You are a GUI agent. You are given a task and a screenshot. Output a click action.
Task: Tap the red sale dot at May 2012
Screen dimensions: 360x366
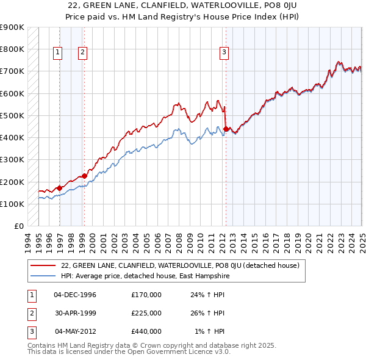[226, 129]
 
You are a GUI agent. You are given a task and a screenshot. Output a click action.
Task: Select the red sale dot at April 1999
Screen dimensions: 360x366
[84, 176]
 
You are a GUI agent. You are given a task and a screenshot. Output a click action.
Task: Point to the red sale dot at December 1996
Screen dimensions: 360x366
[60, 188]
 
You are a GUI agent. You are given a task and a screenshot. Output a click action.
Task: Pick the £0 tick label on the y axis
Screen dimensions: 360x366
[19, 226]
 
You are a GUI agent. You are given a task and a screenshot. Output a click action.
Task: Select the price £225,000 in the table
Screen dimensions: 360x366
[146, 313]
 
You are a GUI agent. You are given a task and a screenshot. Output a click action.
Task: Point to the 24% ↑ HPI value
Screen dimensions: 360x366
[207, 295]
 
